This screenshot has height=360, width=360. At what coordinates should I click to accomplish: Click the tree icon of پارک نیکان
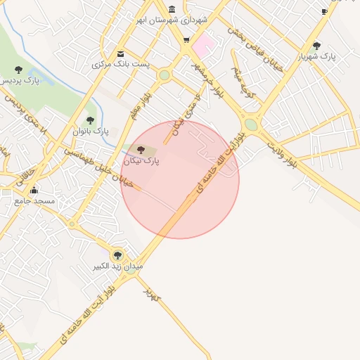[x=141, y=150]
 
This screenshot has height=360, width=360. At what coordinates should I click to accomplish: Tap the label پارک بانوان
[x=91, y=131]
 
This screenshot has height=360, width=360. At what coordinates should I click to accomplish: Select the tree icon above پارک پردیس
[x=18, y=70]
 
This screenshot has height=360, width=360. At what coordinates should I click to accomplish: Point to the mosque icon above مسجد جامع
[x=33, y=190]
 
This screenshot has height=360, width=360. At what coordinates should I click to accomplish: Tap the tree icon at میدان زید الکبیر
[x=117, y=255]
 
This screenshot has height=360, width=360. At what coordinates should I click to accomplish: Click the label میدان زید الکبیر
[x=119, y=267]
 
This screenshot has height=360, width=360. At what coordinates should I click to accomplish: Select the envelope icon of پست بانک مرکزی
[x=120, y=54]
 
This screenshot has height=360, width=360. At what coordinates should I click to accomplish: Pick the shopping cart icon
[x=186, y=39]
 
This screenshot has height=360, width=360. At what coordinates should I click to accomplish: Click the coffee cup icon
[x=324, y=11]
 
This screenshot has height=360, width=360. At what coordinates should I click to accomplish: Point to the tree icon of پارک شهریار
[x=316, y=45]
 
